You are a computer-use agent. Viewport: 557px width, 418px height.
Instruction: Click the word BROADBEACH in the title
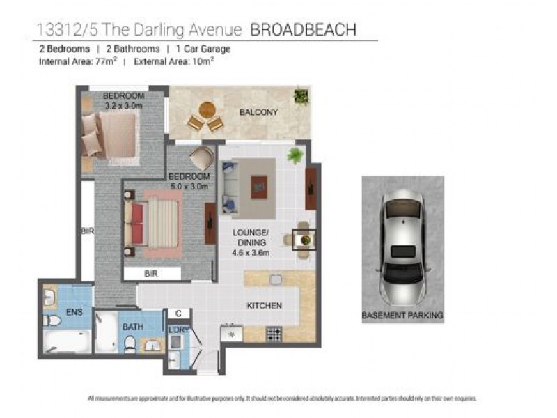303,30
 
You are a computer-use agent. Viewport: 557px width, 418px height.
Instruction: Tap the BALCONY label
258,112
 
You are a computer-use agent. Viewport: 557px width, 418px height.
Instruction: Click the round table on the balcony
207,109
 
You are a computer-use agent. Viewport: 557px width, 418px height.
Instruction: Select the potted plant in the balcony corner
301,96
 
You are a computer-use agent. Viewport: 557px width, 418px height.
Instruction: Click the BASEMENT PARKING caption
402,316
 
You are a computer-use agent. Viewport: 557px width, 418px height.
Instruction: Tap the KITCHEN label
265,306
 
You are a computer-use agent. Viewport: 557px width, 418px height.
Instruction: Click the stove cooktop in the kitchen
274,334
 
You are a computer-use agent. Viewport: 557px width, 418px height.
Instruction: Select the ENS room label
73,313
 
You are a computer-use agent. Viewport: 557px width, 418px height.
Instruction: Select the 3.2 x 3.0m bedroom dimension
123,106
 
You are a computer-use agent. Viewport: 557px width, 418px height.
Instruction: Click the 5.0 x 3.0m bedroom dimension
189,186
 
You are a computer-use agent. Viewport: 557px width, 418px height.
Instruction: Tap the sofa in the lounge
230,187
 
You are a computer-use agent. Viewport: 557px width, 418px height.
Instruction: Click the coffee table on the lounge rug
259,186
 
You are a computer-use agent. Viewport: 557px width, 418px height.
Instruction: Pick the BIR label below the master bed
151,274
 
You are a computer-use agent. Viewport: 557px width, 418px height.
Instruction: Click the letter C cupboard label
178,313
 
